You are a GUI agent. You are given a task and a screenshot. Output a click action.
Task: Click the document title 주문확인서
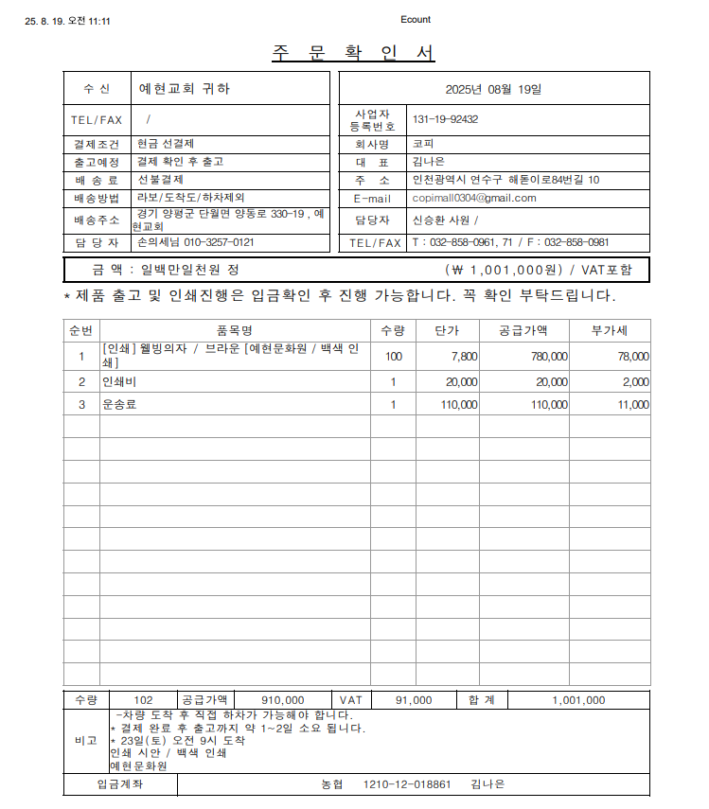pyautogui.click(x=354, y=53)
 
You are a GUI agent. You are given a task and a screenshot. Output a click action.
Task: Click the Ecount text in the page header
pyautogui.click(x=416, y=20)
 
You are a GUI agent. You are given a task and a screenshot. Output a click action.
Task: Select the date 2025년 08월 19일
pyautogui.click(x=494, y=89)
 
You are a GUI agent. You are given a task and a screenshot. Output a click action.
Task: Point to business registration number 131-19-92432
pyautogui.click(x=445, y=120)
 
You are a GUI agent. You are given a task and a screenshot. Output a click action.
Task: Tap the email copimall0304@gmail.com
pyautogui.click(x=474, y=199)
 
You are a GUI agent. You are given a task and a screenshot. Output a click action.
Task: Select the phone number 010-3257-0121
pyautogui.click(x=218, y=242)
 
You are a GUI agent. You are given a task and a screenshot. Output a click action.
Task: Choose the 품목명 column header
pyautogui.click(x=234, y=330)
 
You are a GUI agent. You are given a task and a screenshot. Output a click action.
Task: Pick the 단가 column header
pyautogui.click(x=447, y=330)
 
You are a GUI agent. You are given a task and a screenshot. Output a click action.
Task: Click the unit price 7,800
pyautogui.click(x=465, y=357)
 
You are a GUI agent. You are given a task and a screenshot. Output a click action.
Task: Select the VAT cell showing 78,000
pyautogui.click(x=633, y=357)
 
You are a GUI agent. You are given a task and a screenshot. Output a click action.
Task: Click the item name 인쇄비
pyautogui.click(x=120, y=381)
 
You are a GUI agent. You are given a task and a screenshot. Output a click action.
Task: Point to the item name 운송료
pyautogui.click(x=120, y=405)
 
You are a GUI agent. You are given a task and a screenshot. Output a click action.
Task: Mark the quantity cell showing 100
pyautogui.click(x=393, y=357)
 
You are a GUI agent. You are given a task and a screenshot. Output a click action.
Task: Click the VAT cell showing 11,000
pyautogui.click(x=633, y=405)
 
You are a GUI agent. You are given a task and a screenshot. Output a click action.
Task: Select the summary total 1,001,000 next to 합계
pyautogui.click(x=578, y=700)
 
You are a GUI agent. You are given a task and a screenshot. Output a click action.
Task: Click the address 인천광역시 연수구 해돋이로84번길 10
pyautogui.click(x=505, y=180)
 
